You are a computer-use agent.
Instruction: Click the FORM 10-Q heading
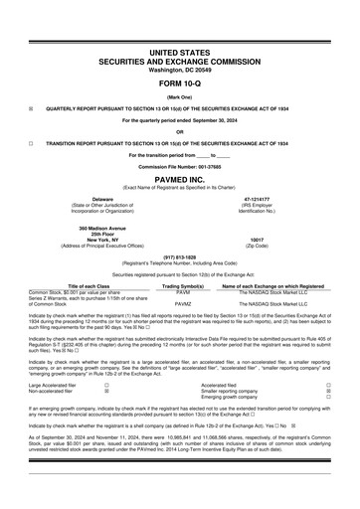tap(180, 83)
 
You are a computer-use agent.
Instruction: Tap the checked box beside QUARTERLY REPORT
tap(32, 107)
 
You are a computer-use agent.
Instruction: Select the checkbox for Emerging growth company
tap(328, 399)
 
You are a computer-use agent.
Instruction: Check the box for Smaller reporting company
tap(328, 391)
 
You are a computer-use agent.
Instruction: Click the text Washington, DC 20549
tap(180, 70)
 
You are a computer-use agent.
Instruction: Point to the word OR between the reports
tap(180, 131)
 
